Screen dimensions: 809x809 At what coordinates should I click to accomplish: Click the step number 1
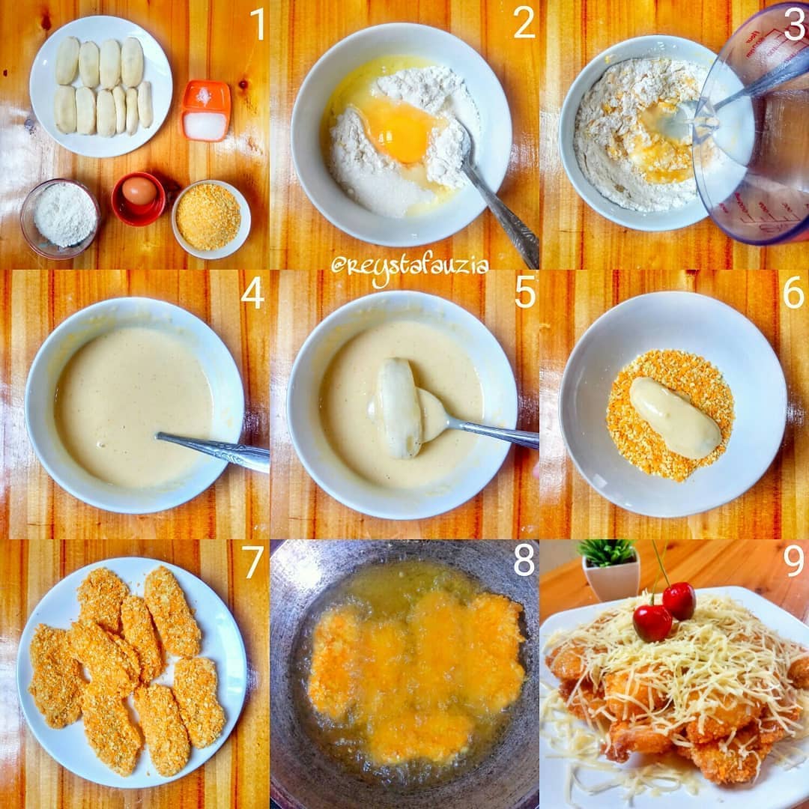258,24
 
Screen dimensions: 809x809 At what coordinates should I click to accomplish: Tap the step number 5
525,293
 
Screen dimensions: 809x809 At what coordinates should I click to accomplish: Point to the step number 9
793,561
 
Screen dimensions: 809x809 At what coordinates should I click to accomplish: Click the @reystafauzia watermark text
409,270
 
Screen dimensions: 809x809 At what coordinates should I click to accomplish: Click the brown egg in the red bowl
139,192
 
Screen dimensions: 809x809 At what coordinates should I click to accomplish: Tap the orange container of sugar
206,110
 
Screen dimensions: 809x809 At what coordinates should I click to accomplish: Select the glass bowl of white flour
60,218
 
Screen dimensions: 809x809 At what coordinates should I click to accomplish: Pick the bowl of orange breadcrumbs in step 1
211,219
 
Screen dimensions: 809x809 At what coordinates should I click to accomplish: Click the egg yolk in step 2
397,132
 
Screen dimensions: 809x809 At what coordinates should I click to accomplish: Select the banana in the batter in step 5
399,408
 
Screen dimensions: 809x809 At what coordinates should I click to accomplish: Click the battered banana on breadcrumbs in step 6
675,417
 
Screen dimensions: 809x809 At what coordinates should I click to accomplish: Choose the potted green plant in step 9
609,569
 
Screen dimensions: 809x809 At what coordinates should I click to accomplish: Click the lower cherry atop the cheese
652,623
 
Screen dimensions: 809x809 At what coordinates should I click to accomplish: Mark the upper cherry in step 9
679,601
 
